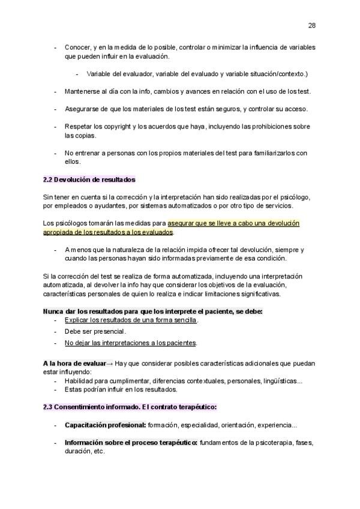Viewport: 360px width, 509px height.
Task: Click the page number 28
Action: [312, 25]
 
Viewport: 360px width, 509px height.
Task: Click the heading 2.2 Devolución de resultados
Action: [89, 179]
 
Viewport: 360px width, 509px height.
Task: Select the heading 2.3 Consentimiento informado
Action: [130, 407]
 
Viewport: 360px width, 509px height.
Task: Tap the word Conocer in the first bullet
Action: [78, 47]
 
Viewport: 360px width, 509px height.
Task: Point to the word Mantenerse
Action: [84, 91]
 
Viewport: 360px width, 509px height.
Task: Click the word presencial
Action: [109, 331]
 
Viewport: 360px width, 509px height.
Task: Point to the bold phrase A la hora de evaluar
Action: [74, 364]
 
